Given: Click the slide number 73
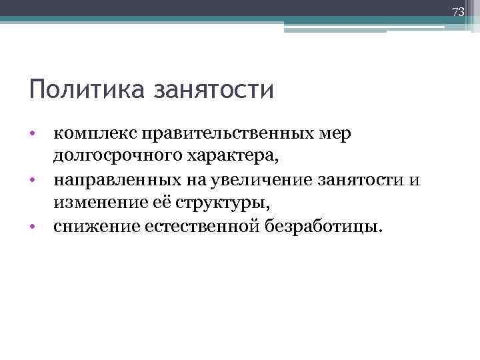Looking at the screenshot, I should pyautogui.click(x=457, y=12).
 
